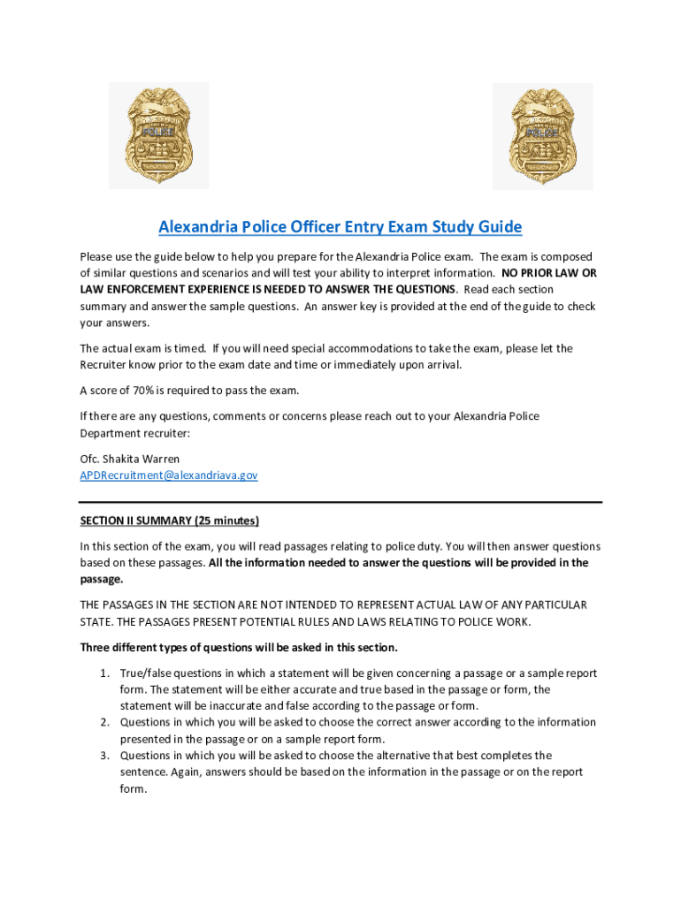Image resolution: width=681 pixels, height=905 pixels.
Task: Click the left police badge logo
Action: [159, 135]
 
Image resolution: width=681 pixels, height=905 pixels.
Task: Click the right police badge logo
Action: [542, 135]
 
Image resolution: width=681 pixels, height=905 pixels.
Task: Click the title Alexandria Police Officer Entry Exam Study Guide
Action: [340, 227]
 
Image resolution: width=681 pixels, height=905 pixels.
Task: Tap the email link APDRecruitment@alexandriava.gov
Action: [169, 475]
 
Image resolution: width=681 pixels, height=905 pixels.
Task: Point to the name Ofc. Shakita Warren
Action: [130, 459]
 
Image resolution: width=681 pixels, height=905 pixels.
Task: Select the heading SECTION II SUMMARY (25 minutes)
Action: [170, 520]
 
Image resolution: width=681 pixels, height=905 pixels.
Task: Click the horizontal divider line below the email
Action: [340, 502]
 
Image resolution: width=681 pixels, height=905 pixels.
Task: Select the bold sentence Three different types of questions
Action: [239, 648]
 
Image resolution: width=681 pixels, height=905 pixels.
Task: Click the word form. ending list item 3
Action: [133, 788]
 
